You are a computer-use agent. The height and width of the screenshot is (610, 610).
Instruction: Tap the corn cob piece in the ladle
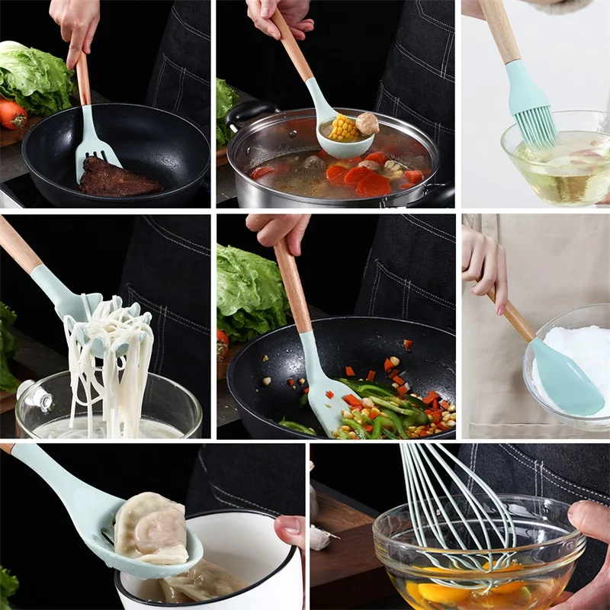click(344, 127)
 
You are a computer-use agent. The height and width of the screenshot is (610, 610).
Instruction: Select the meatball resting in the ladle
click(367, 123)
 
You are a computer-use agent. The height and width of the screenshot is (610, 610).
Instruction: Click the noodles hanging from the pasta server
click(107, 366)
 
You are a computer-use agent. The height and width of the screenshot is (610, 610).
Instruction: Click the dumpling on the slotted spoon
click(152, 526)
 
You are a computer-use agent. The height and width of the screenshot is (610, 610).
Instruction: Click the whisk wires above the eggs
click(457, 503)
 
